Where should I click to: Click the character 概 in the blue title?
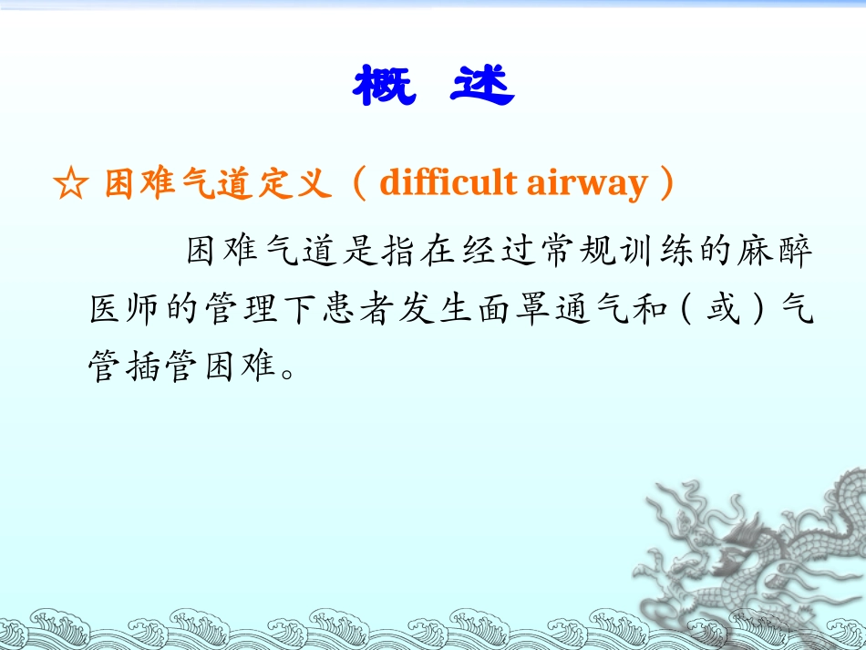coord(384,86)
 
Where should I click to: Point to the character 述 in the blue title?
coord(482,86)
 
